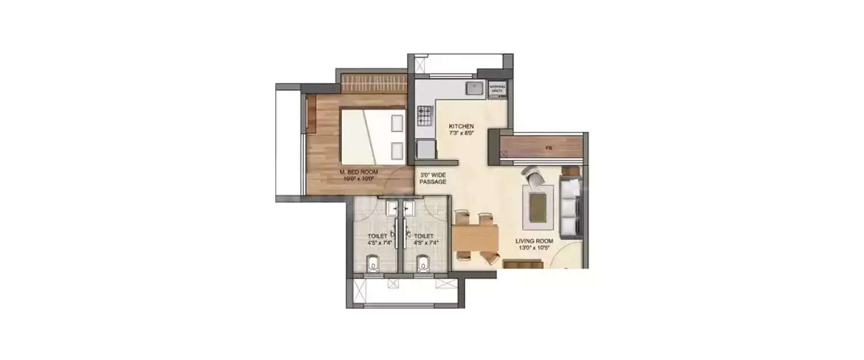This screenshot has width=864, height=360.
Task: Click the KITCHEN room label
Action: pos(461,126)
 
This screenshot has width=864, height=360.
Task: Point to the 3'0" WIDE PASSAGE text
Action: pos(433,178)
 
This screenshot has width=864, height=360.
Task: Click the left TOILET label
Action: pos(378,236)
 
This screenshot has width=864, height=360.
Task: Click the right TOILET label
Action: pos(424,236)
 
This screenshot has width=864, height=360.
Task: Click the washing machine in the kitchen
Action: pos(497,90)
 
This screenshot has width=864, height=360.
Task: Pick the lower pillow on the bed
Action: pos(396,150)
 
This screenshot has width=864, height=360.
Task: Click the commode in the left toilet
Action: pos(373,265)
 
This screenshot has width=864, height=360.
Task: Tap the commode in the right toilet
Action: pos(423,265)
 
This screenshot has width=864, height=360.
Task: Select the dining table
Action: pos(476,237)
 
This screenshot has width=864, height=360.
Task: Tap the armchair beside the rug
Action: pos(533,175)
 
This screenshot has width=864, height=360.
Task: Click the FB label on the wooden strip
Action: pos(549,148)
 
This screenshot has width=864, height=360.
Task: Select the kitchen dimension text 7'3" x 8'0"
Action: pos(461,133)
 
